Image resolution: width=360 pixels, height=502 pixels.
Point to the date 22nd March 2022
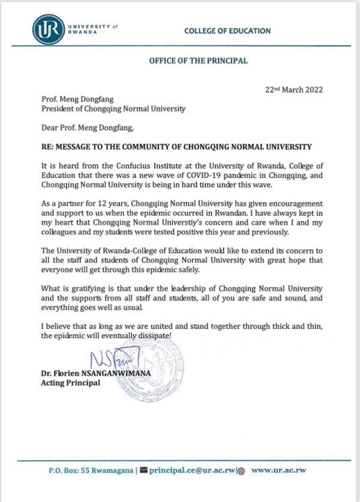294,90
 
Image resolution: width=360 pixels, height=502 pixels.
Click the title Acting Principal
67,384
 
